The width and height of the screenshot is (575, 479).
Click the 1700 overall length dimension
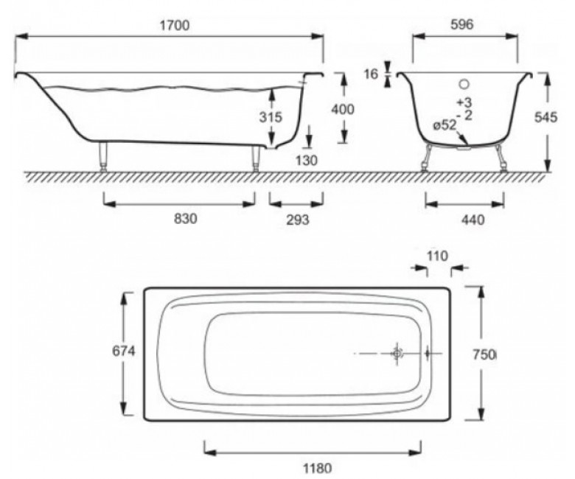(x=175, y=25)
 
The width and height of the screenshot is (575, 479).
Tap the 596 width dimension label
(x=461, y=24)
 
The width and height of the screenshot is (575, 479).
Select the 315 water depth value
(x=271, y=117)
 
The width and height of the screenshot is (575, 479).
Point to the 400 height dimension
(x=343, y=109)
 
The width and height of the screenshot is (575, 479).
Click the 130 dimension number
(x=306, y=160)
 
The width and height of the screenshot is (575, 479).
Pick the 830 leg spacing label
(x=185, y=219)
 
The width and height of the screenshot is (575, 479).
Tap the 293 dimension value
(x=297, y=220)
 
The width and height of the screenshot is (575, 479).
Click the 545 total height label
(x=546, y=117)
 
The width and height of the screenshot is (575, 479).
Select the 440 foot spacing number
(x=473, y=220)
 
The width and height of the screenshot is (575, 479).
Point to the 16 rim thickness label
(x=371, y=74)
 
